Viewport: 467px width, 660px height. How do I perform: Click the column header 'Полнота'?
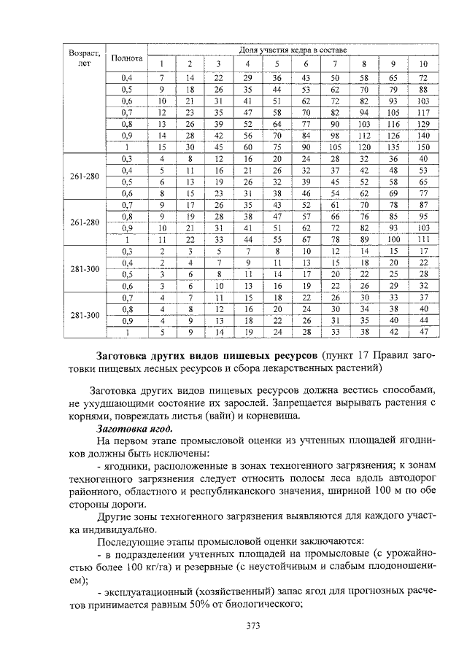pos(126,58)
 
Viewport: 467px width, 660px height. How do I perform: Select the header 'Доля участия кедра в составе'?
pos(293,50)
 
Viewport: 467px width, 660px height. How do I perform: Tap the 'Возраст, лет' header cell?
pos(83,59)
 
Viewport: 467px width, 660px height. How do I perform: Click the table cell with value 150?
pos(422,147)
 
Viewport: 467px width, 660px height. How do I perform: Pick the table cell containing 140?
pos(422,135)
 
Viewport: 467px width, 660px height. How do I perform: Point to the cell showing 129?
pos(422,124)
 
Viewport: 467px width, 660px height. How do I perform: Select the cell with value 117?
pos(422,112)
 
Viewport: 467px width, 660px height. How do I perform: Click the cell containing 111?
pos(422,239)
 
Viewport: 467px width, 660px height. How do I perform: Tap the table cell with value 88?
pos(422,89)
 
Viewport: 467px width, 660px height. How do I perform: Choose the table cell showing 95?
pos(422,216)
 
